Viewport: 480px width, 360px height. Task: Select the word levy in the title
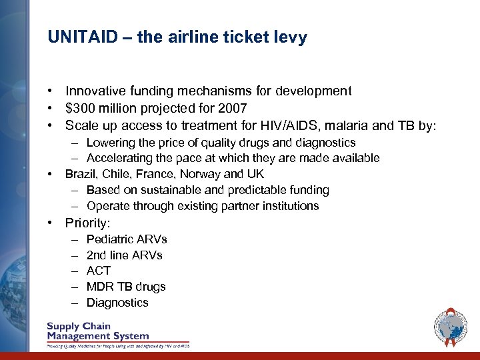pos(291,37)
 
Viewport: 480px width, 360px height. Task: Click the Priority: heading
pos(87,223)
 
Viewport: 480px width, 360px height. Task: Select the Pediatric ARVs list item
pos(127,239)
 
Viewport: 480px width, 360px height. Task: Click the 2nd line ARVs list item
pos(124,255)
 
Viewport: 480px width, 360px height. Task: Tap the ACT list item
pos(99,271)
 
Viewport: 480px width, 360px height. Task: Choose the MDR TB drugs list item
pos(126,287)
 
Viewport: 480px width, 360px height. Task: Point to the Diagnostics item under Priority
pos(117,303)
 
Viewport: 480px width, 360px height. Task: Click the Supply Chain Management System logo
pos(117,333)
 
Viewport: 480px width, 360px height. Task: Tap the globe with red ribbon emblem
pos(451,327)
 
